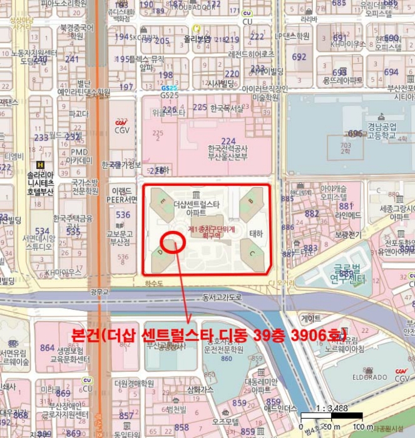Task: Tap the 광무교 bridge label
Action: tap(99, 292)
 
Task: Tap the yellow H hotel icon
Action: tap(41, 165)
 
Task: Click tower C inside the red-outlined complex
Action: tap(252, 253)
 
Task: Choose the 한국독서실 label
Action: tap(227, 108)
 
